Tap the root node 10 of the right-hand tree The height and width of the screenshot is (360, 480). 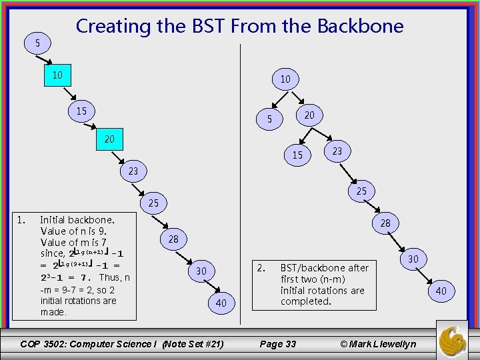(285, 79)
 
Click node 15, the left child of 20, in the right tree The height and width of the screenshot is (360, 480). (297, 155)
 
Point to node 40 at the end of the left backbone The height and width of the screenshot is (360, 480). (222, 303)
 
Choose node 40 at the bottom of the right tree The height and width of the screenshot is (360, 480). (441, 291)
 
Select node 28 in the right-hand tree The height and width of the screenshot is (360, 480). (385, 223)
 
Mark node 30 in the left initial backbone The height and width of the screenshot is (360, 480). (201, 271)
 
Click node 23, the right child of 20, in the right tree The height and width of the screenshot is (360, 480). (337, 151)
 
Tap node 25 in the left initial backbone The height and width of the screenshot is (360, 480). (153, 202)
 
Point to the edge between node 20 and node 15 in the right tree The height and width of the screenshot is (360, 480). (303, 136)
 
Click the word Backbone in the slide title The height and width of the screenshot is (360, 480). (360, 26)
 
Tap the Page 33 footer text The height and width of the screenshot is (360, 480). (277, 344)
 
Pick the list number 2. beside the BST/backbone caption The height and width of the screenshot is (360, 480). (261, 268)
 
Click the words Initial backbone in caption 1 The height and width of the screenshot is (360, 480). (77, 219)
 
